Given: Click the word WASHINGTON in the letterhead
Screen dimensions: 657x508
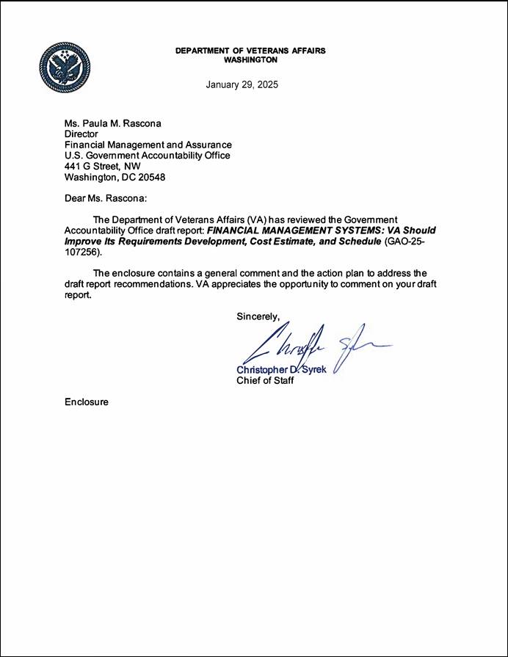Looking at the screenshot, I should coord(250,60).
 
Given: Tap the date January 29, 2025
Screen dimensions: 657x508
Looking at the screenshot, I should coord(242,85).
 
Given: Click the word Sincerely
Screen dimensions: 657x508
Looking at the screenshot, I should coord(258,316).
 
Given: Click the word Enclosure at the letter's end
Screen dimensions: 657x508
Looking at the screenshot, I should coord(87,402).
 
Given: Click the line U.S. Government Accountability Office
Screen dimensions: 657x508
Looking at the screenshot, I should coord(148,156).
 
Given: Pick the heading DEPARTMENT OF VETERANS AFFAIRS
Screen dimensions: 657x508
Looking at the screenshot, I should coord(250,51).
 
